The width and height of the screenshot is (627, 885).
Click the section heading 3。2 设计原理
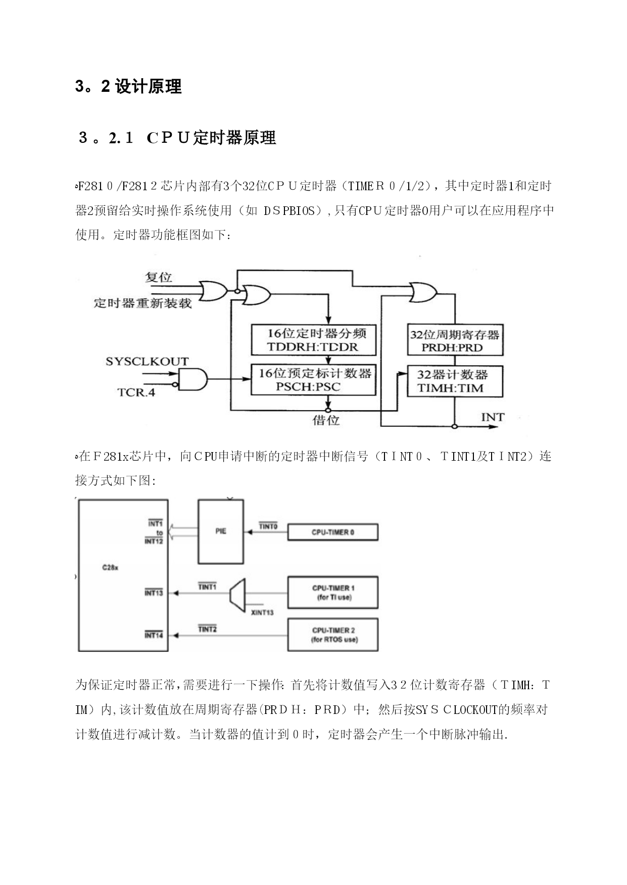pyautogui.click(x=128, y=87)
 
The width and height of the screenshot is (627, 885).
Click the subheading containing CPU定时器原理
pyautogui.click(x=177, y=138)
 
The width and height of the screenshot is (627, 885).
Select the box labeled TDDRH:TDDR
pyautogui.click(x=314, y=340)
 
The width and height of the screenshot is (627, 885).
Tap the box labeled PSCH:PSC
pyautogui.click(x=314, y=380)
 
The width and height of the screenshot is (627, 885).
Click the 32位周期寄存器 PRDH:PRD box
pyautogui.click(x=455, y=340)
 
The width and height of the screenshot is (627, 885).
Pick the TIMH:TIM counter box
pyautogui.click(x=455, y=381)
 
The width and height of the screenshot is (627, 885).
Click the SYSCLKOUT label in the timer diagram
pyautogui.click(x=147, y=361)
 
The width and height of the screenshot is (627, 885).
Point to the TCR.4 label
pyautogui.click(x=136, y=392)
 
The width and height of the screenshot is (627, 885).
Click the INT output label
pyautogui.click(x=492, y=417)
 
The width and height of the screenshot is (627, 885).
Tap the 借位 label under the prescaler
pyautogui.click(x=326, y=420)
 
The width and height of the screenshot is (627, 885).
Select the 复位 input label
pyautogui.click(x=159, y=277)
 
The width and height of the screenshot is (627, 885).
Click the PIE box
pyautogui.click(x=221, y=531)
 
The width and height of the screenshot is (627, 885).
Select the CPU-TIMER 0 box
pyautogui.click(x=333, y=532)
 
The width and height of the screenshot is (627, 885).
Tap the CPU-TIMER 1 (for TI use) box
pyautogui.click(x=333, y=592)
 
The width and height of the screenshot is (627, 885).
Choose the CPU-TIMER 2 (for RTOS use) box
pyautogui.click(x=333, y=635)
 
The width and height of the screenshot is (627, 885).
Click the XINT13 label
pyautogui.click(x=262, y=613)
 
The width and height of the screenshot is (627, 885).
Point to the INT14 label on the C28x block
pyautogui.click(x=154, y=635)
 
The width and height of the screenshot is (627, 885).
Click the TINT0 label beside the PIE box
pyautogui.click(x=268, y=526)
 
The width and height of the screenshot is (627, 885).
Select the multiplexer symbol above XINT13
pyautogui.click(x=237, y=592)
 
